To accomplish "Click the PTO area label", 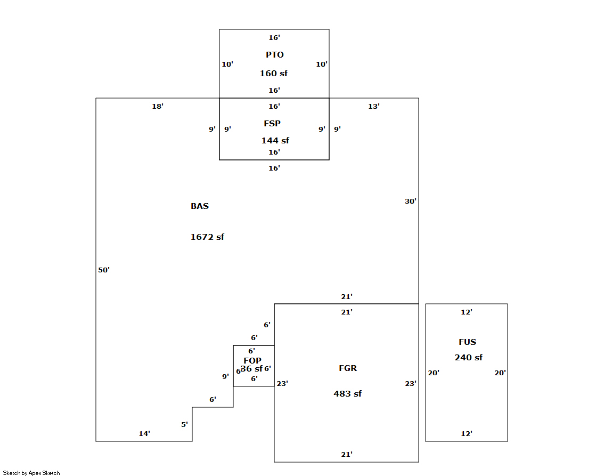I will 275,55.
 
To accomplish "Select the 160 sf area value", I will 274,74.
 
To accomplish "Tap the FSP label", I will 272,124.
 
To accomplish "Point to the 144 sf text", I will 275,141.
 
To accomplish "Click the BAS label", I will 200,206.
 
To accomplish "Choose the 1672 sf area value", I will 207,237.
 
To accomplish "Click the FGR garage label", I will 348,368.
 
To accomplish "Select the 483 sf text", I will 347,394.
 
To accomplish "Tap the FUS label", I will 467,342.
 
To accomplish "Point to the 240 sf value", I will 469,358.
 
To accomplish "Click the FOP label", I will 252,361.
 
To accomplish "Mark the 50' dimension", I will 104,270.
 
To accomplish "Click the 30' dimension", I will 410,201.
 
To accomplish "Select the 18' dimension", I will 158,107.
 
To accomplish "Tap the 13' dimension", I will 374,107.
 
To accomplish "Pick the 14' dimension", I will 144,434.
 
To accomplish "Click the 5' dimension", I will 184,425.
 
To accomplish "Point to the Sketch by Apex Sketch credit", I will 31,473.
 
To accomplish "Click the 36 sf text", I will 251,369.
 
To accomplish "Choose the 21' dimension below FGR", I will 347,455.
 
